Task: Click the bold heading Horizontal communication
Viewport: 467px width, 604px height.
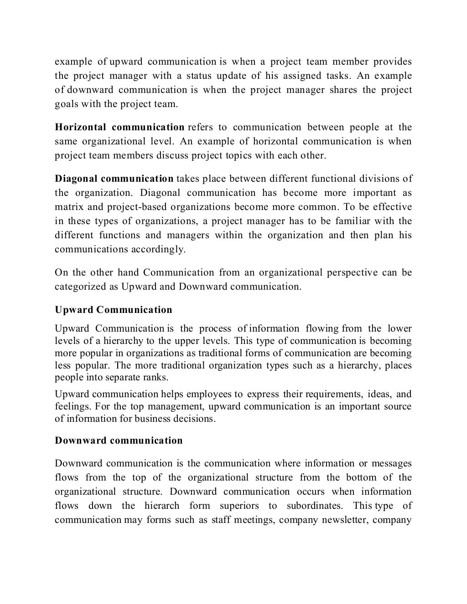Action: tap(119, 127)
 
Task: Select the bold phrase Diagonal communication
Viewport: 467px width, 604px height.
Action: tap(114, 179)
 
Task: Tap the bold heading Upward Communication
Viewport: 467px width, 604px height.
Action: tap(114, 310)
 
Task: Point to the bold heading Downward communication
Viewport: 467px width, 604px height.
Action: tap(119, 440)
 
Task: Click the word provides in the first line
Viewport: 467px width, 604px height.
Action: tap(393, 61)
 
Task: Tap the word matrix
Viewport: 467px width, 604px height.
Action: tap(69, 207)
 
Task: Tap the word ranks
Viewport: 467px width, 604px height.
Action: tap(156, 378)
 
